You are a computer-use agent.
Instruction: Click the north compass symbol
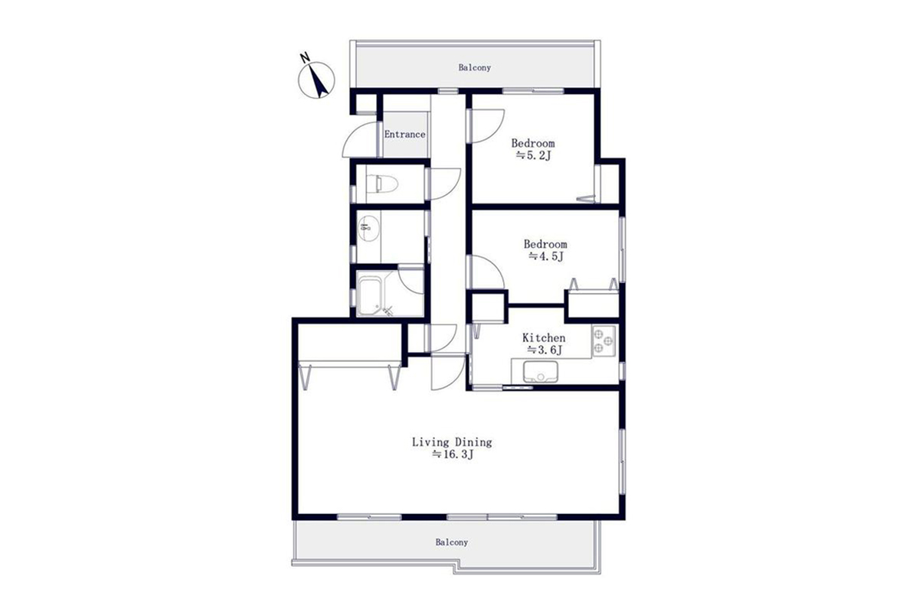coord(316,80)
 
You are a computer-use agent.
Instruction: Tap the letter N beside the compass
coord(305,58)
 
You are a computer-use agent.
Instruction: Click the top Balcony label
coord(475,67)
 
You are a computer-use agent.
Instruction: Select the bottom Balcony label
coord(452,542)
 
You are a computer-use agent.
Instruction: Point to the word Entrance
coord(404,135)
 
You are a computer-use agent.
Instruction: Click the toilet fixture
coord(382,184)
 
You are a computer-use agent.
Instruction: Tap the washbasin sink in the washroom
coord(368,229)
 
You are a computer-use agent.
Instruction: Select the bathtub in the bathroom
coord(370,295)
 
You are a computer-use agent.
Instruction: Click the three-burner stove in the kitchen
coord(604,340)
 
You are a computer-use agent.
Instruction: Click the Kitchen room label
coord(544,338)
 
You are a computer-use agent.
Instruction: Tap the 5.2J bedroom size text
coord(533,156)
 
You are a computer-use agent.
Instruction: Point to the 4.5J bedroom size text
coord(546,257)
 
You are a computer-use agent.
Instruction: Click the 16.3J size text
coord(453,454)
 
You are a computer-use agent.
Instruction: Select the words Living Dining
coord(452,442)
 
